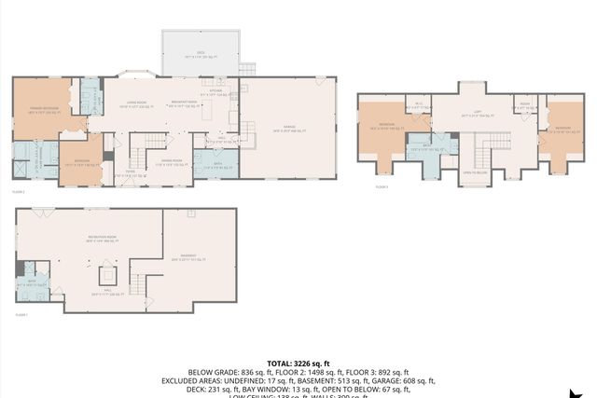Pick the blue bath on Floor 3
pos(426,145)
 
